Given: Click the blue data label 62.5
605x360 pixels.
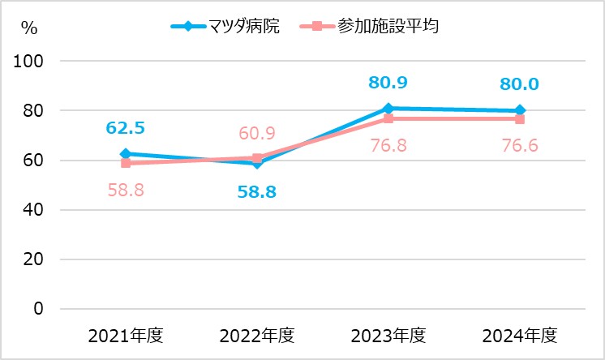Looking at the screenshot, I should [126, 128].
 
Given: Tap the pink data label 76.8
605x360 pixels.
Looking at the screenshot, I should [388, 146].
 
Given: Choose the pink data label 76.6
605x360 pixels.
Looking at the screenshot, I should [519, 146].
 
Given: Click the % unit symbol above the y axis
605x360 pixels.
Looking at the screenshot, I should [29, 28].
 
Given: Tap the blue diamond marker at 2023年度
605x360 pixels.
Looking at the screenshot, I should [388, 108].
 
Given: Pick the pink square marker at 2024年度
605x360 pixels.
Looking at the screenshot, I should [519, 119].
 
